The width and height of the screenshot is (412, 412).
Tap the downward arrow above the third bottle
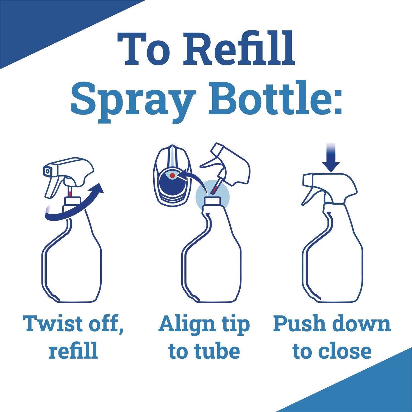(331, 162)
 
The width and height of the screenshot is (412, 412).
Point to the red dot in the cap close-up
(172, 175)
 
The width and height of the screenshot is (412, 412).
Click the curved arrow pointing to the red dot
(192, 179)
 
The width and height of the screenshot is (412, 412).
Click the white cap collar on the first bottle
(72, 201)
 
